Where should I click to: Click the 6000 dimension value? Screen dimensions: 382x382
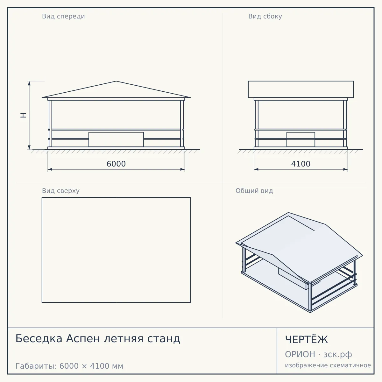click(x=116, y=164)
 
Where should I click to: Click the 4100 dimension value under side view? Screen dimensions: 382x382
click(x=301, y=164)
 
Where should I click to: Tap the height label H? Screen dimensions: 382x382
click(x=24, y=115)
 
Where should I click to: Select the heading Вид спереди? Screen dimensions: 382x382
click(x=63, y=17)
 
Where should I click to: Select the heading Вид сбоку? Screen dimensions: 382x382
click(x=265, y=17)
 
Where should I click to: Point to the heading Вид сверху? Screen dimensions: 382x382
click(x=61, y=191)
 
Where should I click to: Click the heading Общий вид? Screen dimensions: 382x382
click(x=254, y=191)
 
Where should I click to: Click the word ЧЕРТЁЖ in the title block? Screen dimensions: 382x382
click(x=307, y=340)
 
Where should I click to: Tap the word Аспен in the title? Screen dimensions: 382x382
click(x=83, y=339)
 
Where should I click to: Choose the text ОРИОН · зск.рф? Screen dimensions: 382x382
click(x=318, y=354)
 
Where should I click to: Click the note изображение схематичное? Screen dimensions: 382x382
click(x=328, y=365)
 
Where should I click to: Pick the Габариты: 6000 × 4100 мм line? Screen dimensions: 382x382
click(x=69, y=366)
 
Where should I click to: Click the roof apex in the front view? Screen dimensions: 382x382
click(x=116, y=81)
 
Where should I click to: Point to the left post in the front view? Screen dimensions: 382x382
click(x=50, y=124)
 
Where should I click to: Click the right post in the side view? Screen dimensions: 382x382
click(x=345, y=124)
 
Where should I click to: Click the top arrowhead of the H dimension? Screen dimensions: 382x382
click(x=29, y=83)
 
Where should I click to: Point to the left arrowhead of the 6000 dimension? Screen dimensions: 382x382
click(x=50, y=169)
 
